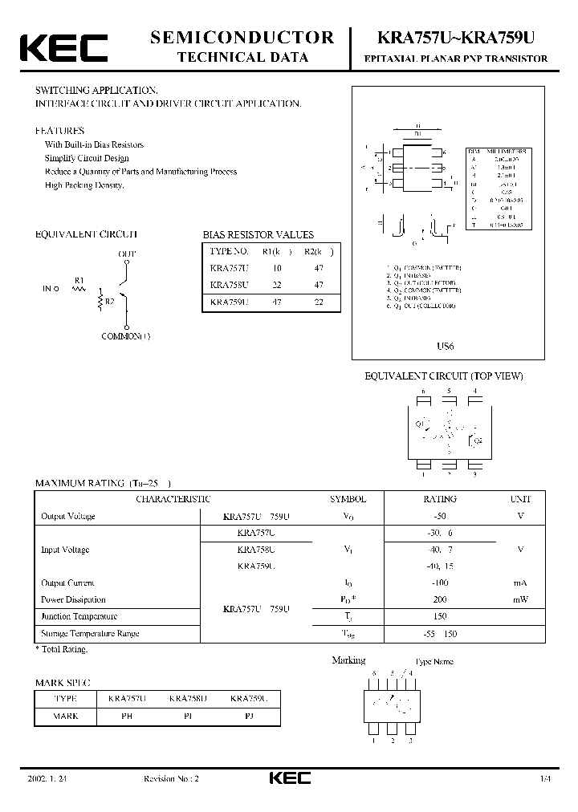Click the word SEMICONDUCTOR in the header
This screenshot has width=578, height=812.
[x=242, y=37]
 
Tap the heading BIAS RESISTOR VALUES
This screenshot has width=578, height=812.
[x=258, y=235]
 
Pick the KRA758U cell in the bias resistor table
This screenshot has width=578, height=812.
[x=229, y=285]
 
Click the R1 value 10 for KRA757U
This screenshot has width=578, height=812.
[x=276, y=268]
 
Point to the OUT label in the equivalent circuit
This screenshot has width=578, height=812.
[x=128, y=254]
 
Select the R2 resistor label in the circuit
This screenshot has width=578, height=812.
[x=109, y=303]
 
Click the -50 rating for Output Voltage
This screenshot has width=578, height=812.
[x=439, y=516]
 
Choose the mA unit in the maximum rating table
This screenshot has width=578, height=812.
[x=520, y=583]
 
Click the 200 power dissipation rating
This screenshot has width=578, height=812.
[x=439, y=599]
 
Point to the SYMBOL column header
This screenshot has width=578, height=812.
[x=348, y=499]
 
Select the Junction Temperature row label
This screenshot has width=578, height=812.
[x=79, y=616]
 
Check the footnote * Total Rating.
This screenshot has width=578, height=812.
[x=61, y=649]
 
